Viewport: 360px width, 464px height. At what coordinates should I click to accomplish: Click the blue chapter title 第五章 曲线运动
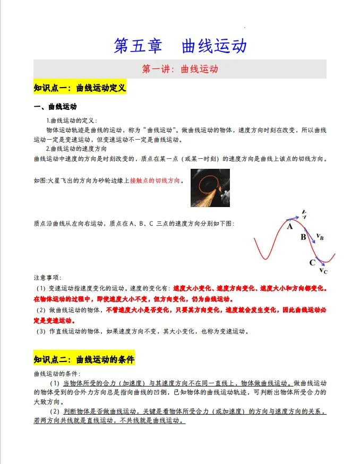coord(180,46)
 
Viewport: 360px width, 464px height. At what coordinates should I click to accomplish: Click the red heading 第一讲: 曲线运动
coord(180,70)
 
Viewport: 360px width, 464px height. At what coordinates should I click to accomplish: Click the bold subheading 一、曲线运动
coord(55,107)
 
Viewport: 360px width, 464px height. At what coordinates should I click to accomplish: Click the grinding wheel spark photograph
coord(210,187)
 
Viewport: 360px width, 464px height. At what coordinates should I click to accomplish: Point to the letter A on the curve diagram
coord(290,226)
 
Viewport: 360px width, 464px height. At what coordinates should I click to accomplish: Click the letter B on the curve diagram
coord(303,237)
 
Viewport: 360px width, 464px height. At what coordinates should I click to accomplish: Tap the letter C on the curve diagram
coord(312,262)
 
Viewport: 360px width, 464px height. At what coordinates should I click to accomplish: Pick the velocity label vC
coord(323,271)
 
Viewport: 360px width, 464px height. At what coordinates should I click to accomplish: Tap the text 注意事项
coord(47,278)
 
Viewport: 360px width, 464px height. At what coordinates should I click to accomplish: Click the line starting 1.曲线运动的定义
coord(71,121)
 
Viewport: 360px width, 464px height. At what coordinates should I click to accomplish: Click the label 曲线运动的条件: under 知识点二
coord(56,374)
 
